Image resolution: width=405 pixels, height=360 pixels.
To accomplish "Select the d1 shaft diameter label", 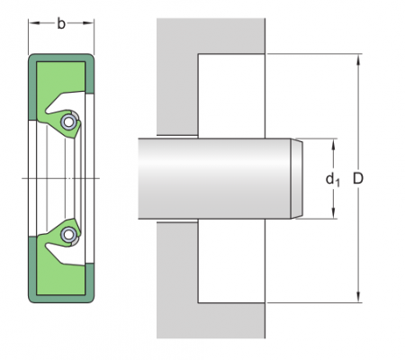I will pos(333,179).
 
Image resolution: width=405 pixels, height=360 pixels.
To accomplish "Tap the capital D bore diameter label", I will pos(358,179).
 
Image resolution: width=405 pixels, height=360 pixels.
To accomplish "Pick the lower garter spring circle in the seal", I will pos(68,236).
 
